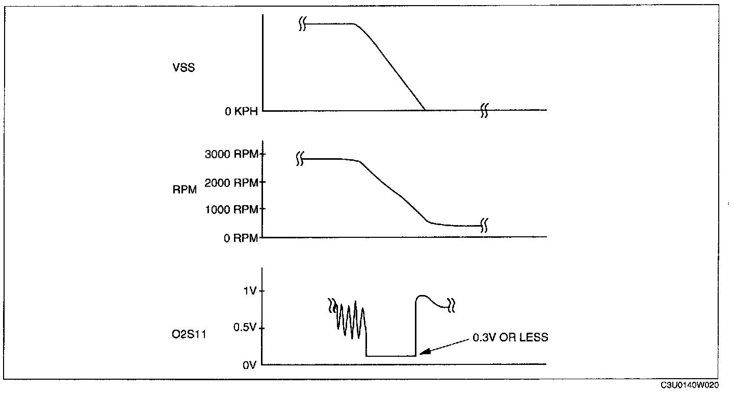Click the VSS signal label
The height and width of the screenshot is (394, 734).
pyautogui.click(x=183, y=67)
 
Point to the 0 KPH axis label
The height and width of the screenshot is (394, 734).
pyautogui.click(x=241, y=112)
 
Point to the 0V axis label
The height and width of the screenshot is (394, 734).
pyautogui.click(x=249, y=365)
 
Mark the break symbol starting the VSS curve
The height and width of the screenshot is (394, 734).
pyautogui.click(x=302, y=24)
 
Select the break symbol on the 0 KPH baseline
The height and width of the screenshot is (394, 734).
pyautogui.click(x=484, y=110)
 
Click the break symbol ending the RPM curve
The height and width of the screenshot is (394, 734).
pyautogui.click(x=486, y=225)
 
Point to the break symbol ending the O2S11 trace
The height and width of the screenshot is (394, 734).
pyautogui.click(x=451, y=305)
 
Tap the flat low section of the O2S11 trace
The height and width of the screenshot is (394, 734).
pyautogui.click(x=391, y=356)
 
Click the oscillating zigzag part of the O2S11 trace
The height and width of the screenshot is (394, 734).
pyautogui.click(x=349, y=319)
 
